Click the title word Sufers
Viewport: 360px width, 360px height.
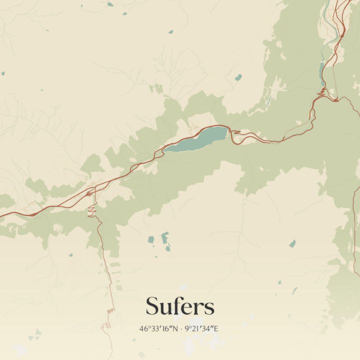pyautogui.click(x=180, y=306)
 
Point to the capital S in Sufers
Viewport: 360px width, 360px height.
pyautogui.click(x=152, y=306)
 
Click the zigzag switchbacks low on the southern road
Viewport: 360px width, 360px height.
pyautogui.click(x=110, y=310)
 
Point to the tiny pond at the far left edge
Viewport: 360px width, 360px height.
pyautogui.click(x=3, y=73)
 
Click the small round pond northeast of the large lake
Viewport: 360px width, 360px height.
pyautogui.click(x=238, y=77)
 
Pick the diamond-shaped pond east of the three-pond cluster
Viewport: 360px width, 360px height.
pyautogui.click(x=292, y=243)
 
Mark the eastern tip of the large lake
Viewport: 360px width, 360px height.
pyautogui.click(x=228, y=131)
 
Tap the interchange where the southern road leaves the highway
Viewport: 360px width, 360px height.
pyautogui.click(x=88, y=193)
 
